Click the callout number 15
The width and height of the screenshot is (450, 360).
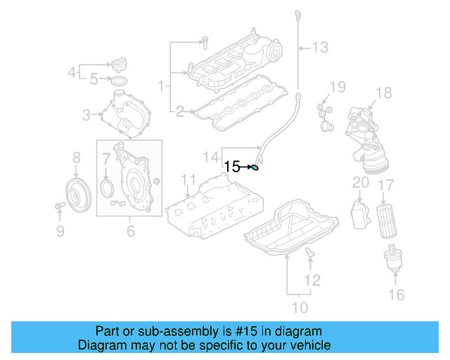(x=232, y=167)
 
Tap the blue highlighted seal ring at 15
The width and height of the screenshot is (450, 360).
(x=256, y=167)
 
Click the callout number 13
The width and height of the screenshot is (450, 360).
(x=320, y=47)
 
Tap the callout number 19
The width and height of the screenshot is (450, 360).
(x=338, y=87)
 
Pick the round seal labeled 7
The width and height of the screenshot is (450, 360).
(x=107, y=188)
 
